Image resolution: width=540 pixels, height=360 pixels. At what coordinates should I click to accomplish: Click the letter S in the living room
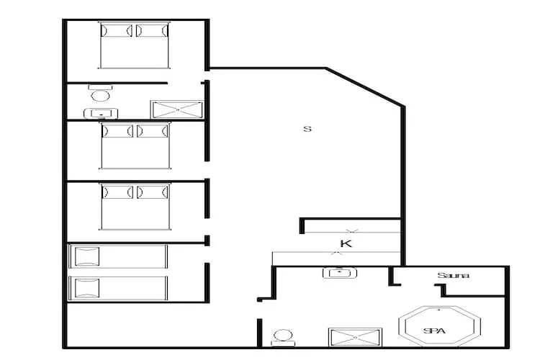pyautogui.click(x=307, y=129)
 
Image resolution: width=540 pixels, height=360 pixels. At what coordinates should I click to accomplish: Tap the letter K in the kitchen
pyautogui.click(x=346, y=244)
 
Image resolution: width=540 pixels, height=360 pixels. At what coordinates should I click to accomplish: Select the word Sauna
pyautogui.click(x=453, y=275)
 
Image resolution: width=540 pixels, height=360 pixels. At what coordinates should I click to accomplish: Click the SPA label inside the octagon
pyautogui.click(x=434, y=331)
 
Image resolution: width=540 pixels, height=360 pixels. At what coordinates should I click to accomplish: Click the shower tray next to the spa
pyautogui.click(x=355, y=338)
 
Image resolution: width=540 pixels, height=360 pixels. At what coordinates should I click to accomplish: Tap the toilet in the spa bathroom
pyautogui.click(x=283, y=338)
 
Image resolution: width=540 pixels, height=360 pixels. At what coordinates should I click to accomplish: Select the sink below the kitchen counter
pyautogui.click(x=340, y=273)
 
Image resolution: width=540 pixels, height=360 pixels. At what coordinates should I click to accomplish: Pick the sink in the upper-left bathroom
pyautogui.click(x=101, y=113)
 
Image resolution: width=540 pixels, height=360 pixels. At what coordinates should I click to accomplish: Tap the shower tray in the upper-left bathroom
pyautogui.click(x=177, y=110)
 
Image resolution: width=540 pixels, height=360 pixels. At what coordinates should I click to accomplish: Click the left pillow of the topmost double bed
pyautogui.click(x=117, y=31)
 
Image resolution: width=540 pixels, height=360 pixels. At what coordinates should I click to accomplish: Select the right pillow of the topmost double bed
pyautogui.click(x=152, y=31)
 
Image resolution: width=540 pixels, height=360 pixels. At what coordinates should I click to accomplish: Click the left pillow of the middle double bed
pyautogui.click(x=117, y=131)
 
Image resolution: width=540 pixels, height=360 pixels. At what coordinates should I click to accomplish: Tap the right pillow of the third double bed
pyautogui.click(x=153, y=192)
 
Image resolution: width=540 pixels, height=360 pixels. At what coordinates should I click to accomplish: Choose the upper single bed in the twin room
pyautogui.click(x=118, y=256)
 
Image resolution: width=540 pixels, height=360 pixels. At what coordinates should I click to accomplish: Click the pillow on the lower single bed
pyautogui.click(x=87, y=288)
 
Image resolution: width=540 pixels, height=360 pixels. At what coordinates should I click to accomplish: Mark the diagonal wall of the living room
pyautogui.click(x=365, y=87)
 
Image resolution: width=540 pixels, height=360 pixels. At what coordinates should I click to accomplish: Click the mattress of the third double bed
pyautogui.click(x=135, y=207)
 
